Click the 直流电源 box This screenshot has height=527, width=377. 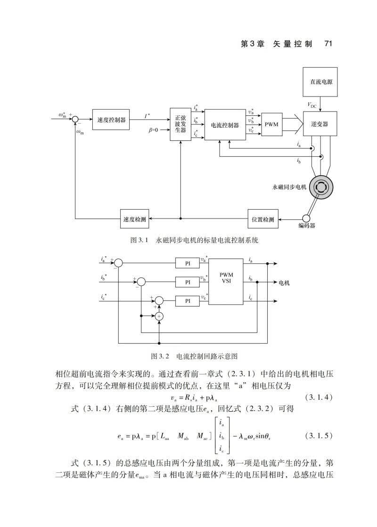320,81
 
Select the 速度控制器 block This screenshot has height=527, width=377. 111,119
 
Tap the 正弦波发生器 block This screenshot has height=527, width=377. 180,124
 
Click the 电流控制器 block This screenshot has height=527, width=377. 225,125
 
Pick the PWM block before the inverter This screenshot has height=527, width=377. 272,124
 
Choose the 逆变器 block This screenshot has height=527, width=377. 320,124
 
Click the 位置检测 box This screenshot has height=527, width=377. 263,219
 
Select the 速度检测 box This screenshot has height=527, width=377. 134,219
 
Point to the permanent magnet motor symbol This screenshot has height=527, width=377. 321,186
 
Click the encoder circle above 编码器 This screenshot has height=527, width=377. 306,219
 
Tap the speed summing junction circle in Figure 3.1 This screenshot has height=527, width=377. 75,119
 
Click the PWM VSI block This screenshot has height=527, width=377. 226,282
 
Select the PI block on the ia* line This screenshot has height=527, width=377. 188,264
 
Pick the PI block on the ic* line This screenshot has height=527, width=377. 188,301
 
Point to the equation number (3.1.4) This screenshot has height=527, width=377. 319,397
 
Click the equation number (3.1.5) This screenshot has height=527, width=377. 319,436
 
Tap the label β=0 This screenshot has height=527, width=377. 153,130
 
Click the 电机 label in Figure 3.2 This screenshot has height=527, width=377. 284,283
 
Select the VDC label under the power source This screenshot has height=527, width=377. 312,105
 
